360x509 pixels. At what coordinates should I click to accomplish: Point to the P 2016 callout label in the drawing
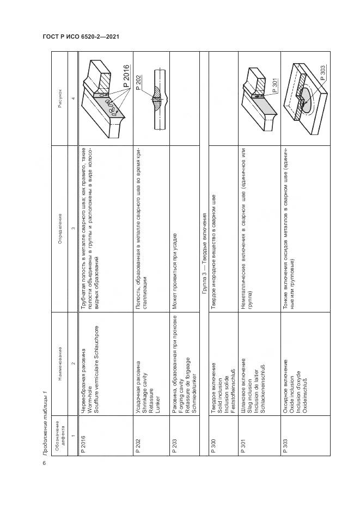coord(126,77)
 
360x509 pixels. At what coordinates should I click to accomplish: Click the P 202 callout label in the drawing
coord(138,81)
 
